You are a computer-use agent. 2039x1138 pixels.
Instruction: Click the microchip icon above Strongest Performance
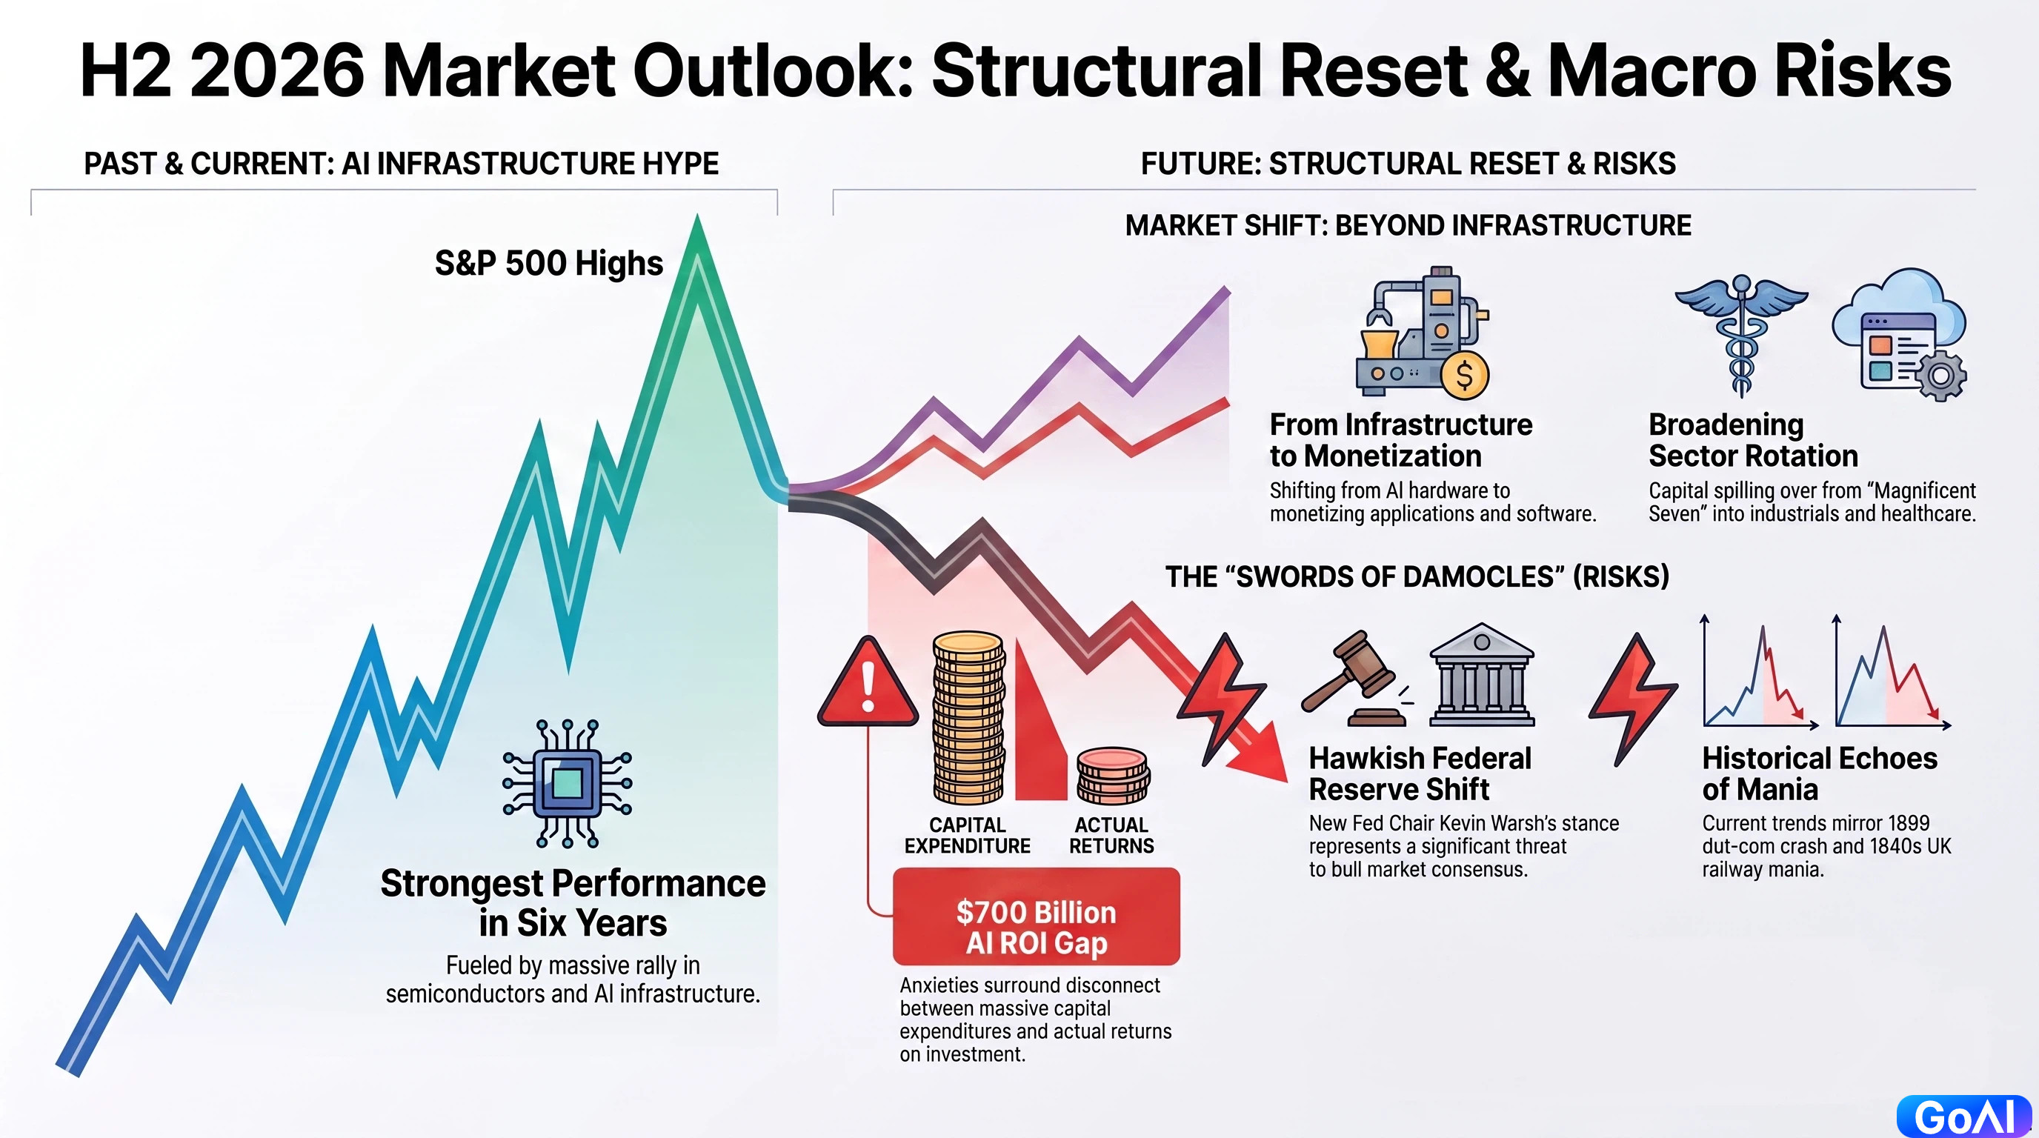(568, 783)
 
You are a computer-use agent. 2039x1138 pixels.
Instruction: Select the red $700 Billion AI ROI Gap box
(1036, 916)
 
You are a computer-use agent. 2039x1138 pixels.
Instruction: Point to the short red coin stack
(1113, 776)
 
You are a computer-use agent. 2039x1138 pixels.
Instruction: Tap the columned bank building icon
(1482, 675)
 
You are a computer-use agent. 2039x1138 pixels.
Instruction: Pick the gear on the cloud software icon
(1940, 376)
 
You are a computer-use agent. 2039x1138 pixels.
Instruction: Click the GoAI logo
(1964, 1117)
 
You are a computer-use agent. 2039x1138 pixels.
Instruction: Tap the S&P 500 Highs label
(548, 264)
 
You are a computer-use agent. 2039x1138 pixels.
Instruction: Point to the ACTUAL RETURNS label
(1111, 836)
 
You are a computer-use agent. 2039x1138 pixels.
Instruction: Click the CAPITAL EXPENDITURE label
(967, 836)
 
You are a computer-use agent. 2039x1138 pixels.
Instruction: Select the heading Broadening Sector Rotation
(1753, 440)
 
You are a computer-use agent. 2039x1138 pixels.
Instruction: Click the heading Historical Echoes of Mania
(1820, 773)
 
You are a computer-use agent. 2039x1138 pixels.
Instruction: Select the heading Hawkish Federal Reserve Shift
(1420, 773)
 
